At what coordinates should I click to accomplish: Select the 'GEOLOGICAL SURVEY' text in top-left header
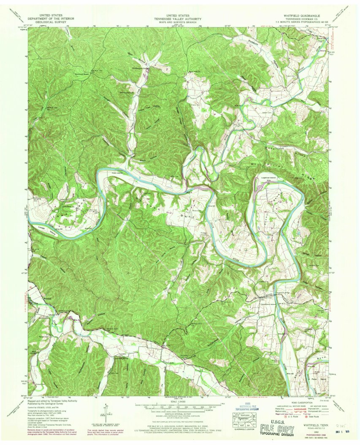[51, 22]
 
